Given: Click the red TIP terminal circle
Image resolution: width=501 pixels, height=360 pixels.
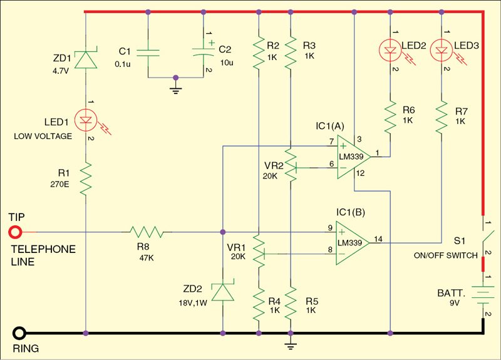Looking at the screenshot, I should pos(14,233).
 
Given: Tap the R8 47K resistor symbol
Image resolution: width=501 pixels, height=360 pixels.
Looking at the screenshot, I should pos(147,233).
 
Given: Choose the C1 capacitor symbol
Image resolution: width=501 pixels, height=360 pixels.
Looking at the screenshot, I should pos(147,53).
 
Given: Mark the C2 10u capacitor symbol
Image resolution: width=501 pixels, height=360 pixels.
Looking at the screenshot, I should pos(202,53).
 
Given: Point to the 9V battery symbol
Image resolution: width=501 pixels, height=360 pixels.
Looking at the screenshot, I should pos(483,294).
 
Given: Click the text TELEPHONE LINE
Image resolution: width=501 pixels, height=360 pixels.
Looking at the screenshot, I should pos(42,254).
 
